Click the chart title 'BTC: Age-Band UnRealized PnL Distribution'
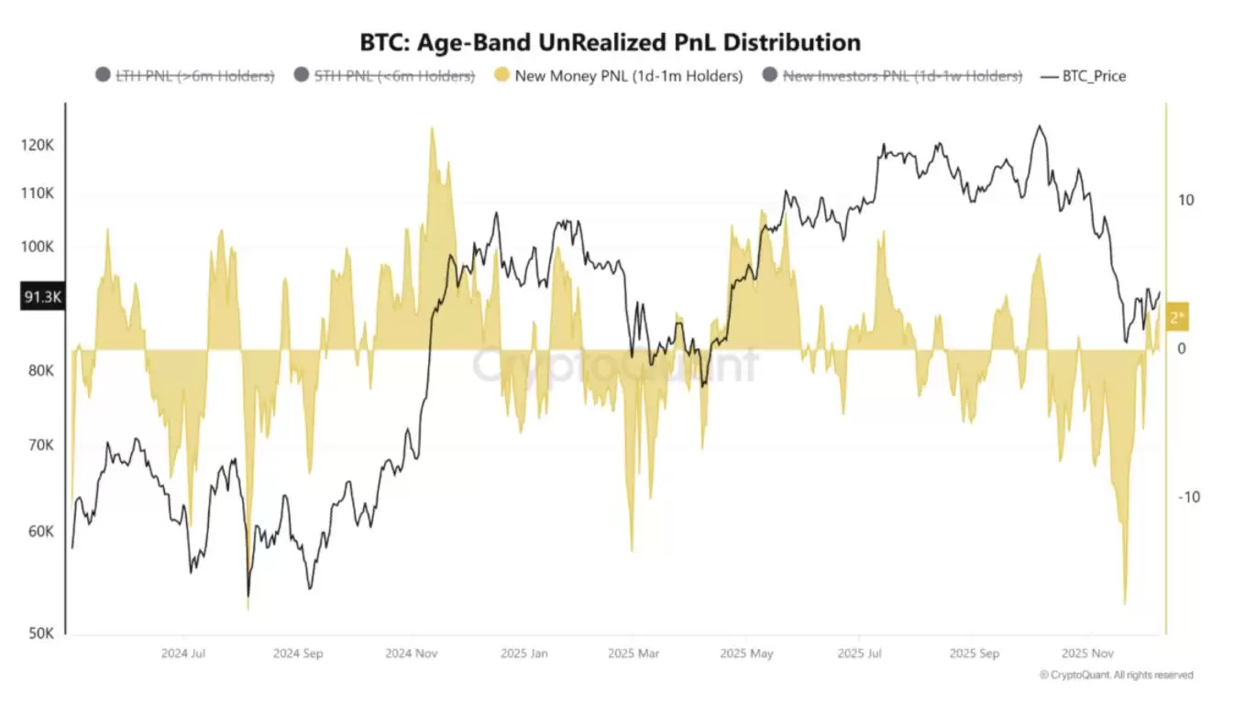pos(611,42)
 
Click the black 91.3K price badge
pos(41,296)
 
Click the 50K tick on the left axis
pos(42,633)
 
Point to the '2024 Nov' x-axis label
pos(412,654)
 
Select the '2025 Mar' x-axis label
pos(634,654)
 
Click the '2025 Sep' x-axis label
pos(974,654)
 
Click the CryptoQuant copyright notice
pos(1117,675)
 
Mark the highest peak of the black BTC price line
pos(1039,126)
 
